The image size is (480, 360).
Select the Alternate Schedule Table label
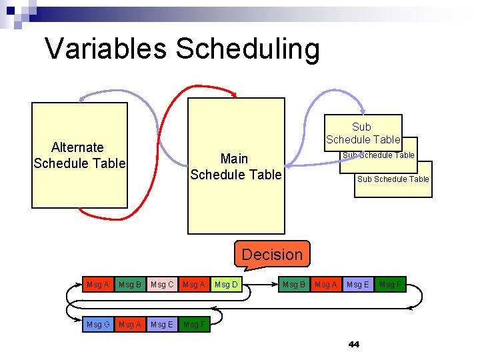[x=79, y=155]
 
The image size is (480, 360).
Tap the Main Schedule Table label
[x=235, y=167]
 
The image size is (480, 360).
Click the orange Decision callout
[x=272, y=254]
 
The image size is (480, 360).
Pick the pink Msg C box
[x=162, y=285]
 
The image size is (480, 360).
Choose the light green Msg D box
[x=225, y=285]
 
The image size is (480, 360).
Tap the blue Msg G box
[x=98, y=325]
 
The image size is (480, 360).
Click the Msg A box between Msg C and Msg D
[x=194, y=285]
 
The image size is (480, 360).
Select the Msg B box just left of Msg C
[x=129, y=285]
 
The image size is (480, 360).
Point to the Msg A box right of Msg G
[x=129, y=325]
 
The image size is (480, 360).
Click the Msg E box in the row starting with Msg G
[x=162, y=325]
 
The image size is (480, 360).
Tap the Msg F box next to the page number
[x=390, y=285]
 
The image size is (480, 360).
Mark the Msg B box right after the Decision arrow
[x=294, y=285]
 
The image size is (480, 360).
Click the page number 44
[x=353, y=345]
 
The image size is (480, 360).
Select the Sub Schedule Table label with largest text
[x=363, y=133]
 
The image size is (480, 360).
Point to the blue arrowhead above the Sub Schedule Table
[x=362, y=111]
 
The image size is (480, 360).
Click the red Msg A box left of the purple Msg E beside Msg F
[x=326, y=285]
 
